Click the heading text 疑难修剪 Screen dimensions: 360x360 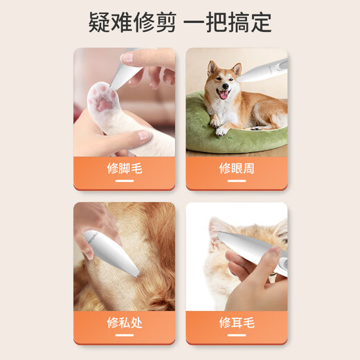coord(132,22)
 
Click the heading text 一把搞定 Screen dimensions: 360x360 coord(229,22)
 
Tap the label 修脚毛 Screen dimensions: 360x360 coord(125,168)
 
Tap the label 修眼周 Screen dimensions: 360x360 coord(236,168)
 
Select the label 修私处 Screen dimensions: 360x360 coord(125,323)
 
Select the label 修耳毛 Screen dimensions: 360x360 coord(236,323)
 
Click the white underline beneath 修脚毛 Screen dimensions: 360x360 coord(125,181)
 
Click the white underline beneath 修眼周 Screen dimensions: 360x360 coord(236,181)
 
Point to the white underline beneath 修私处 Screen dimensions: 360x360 coord(125,335)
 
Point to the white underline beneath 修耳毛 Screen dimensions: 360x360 coord(236,335)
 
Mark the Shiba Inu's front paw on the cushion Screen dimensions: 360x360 coord(221,130)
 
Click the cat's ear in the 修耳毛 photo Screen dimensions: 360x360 coord(220,228)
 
